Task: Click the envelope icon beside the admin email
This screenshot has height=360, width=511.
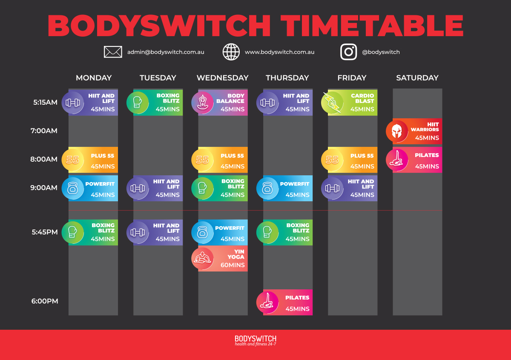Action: pyautogui.click(x=113, y=52)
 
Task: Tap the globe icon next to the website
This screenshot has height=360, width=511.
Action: pyautogui.click(x=231, y=52)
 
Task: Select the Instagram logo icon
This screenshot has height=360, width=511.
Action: pyautogui.click(x=348, y=52)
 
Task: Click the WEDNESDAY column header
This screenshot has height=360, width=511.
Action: pyautogui.click(x=222, y=78)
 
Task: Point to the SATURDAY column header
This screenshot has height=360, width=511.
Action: pyautogui.click(x=417, y=78)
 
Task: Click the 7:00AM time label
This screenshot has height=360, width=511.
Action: pyautogui.click(x=44, y=131)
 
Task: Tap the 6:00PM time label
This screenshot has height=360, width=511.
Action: pyautogui.click(x=44, y=301)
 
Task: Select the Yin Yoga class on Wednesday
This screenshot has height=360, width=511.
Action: pyautogui.click(x=221, y=259)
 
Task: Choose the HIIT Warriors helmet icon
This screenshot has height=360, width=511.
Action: pyautogui.click(x=397, y=131)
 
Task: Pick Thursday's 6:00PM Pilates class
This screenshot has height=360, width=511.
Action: pyautogui.click(x=286, y=303)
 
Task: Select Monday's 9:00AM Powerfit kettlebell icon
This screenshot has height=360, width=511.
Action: pyautogui.click(x=73, y=188)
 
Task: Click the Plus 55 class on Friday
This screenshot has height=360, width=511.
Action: pyautogui.click(x=351, y=160)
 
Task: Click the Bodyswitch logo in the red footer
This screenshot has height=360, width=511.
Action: pyautogui.click(x=255, y=340)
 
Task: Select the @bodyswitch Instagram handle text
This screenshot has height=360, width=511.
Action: pyautogui.click(x=381, y=52)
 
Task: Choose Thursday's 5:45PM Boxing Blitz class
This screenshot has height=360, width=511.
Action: pyautogui.click(x=286, y=232)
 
